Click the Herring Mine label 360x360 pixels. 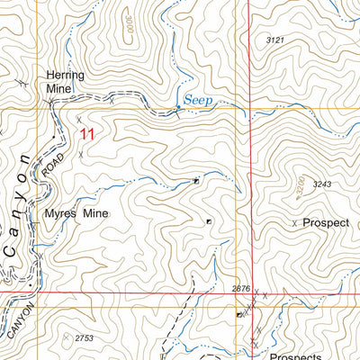(x=65, y=82)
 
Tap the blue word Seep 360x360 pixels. (x=198, y=100)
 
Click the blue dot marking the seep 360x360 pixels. (x=178, y=107)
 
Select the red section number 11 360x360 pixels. (x=86, y=134)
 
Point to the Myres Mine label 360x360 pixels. (x=76, y=213)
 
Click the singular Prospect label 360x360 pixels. (x=325, y=221)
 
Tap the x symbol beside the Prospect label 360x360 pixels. (x=294, y=222)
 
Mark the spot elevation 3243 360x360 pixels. (x=323, y=185)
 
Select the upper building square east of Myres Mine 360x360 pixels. (x=196, y=181)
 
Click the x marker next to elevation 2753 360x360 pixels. (x=65, y=337)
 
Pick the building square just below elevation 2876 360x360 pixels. (x=238, y=315)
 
